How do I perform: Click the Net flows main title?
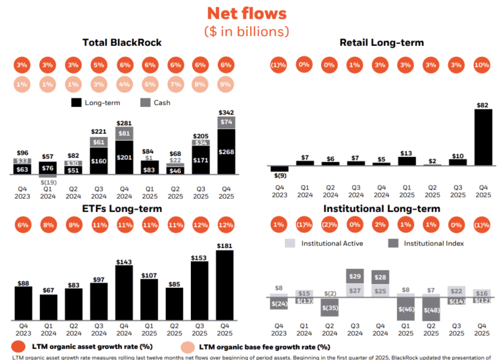[x=251, y=13]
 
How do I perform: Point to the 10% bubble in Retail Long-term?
[x=483, y=65]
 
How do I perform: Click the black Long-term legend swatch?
[x=77, y=102]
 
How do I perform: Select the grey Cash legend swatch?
[x=145, y=102]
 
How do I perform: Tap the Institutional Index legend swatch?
[x=394, y=243]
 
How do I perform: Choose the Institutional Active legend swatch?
[x=291, y=243]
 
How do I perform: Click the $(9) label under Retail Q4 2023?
[x=280, y=175]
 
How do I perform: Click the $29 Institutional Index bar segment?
[x=356, y=277]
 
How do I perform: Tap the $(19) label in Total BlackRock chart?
[x=47, y=183]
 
